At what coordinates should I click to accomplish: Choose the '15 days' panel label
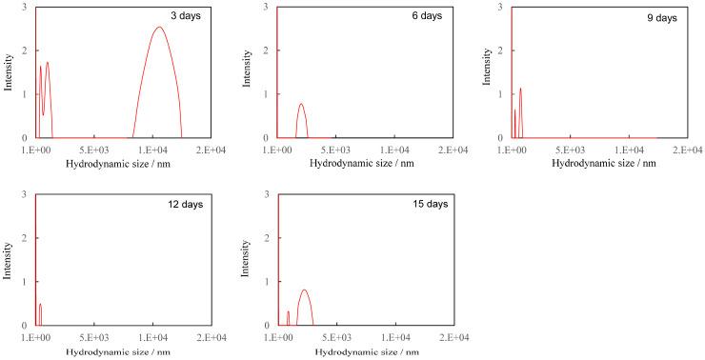pyautogui.click(x=427, y=204)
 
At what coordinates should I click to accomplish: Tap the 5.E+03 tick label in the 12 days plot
pyautogui.click(x=94, y=338)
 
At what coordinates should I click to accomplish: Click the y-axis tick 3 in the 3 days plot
pyautogui.click(x=24, y=8)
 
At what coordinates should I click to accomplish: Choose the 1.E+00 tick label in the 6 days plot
pyautogui.click(x=278, y=150)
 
